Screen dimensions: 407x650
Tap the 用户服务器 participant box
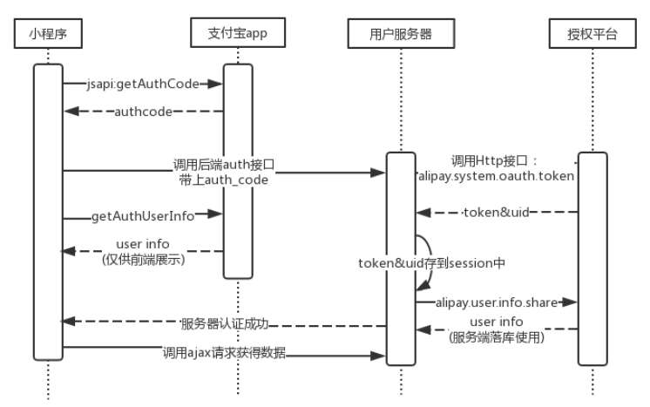[401, 36]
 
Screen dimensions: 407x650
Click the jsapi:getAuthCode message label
[143, 84]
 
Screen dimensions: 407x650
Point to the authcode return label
[142, 111]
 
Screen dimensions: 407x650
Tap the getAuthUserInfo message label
[143, 214]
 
